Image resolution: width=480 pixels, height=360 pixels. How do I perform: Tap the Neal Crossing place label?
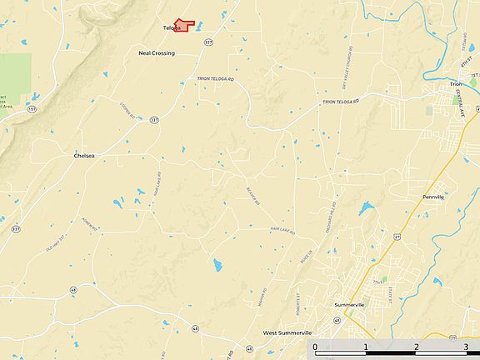157,53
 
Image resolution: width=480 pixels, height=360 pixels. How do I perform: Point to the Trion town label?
456,84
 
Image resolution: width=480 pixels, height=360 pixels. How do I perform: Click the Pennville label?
433,197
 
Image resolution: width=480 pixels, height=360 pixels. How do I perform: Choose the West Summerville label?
287,332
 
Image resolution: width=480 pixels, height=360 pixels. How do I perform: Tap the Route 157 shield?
32,108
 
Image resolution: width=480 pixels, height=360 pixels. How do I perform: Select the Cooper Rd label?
127,110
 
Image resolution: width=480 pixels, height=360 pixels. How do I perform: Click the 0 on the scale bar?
315,346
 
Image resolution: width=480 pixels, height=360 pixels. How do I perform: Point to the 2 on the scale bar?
416,346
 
